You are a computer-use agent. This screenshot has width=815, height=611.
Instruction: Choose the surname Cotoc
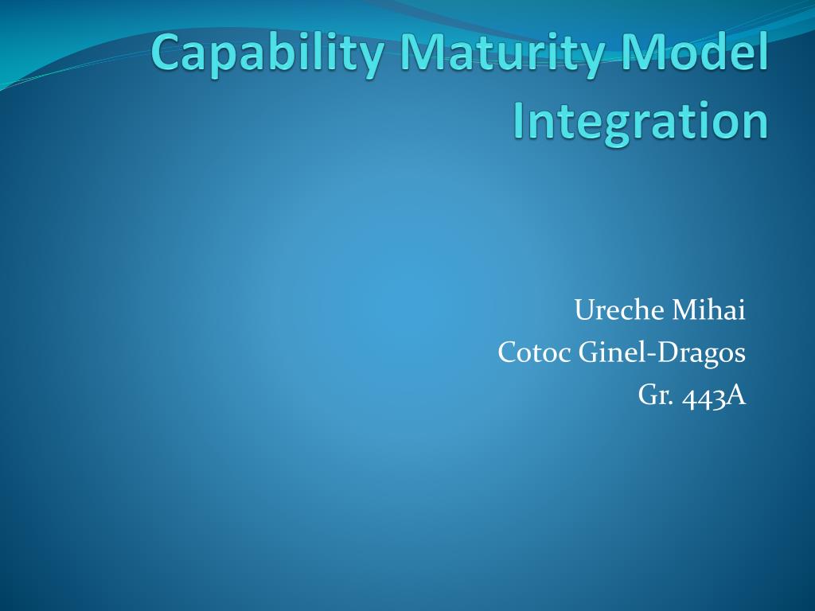534,352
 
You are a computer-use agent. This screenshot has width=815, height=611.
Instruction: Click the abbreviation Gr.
655,395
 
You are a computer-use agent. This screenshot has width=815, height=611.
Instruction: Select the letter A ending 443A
736,395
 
